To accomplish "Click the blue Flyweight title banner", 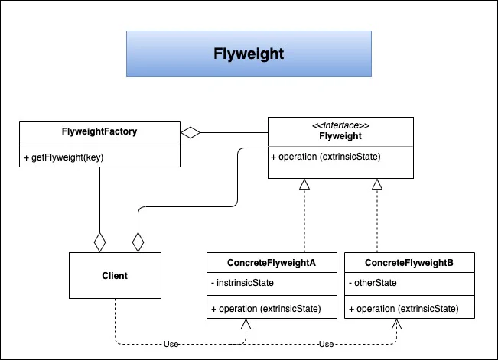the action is pyautogui.click(x=249, y=54).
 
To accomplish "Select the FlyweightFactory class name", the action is pyautogui.click(x=99, y=131).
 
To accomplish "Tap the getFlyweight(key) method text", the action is pyautogui.click(x=63, y=157).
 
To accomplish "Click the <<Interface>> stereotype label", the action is pyautogui.click(x=340, y=125).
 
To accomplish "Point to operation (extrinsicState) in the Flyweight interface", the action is pyautogui.click(x=326, y=157).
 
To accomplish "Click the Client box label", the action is pyautogui.click(x=115, y=276).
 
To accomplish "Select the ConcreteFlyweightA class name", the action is pyautogui.click(x=272, y=263).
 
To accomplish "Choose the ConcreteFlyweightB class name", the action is pyautogui.click(x=409, y=263).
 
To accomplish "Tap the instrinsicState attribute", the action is pyautogui.click(x=242, y=283).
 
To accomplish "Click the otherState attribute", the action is pyautogui.click(x=373, y=283).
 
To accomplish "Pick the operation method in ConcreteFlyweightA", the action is pyautogui.click(x=266, y=309).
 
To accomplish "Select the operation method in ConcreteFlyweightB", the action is pyautogui.click(x=403, y=309).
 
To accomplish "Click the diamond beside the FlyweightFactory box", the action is pyautogui.click(x=190, y=132).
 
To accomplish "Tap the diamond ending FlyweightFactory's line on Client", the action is pyautogui.click(x=99, y=242).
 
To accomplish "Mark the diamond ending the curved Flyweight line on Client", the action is pyautogui.click(x=138, y=242).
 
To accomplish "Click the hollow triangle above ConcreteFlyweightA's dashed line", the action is pyautogui.click(x=304, y=184).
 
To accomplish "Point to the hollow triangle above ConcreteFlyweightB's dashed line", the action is pyautogui.click(x=377, y=184).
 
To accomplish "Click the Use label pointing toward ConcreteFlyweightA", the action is pyautogui.click(x=171, y=344).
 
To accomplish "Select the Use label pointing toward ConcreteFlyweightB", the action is pyautogui.click(x=326, y=344).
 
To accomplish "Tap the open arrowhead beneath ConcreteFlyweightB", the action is pyautogui.click(x=396, y=324).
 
